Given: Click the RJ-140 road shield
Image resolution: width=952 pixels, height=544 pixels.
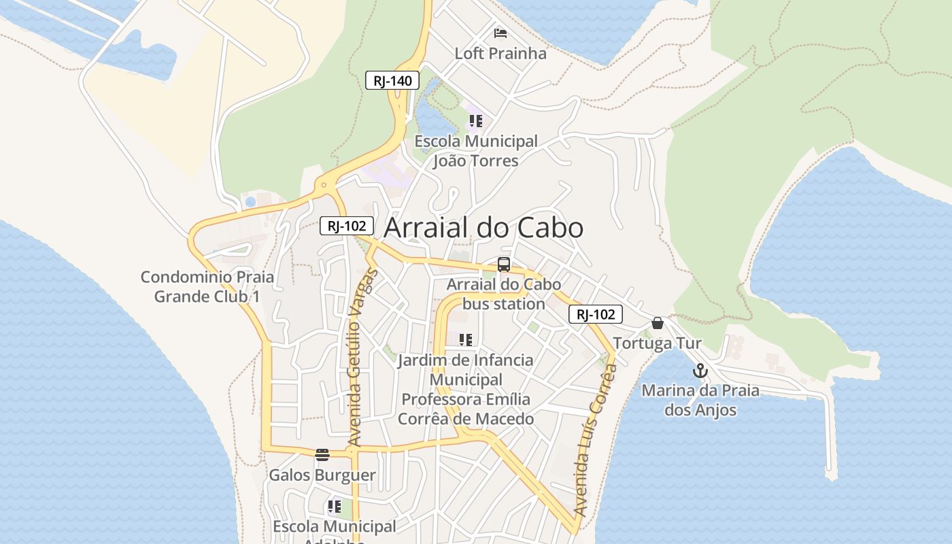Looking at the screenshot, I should (392, 81).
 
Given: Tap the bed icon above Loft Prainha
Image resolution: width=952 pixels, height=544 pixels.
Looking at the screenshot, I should (500, 33).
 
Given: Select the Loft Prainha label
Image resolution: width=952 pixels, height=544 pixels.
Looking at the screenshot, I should (500, 53).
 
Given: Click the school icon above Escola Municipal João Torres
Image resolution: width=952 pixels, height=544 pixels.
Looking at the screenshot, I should (475, 121).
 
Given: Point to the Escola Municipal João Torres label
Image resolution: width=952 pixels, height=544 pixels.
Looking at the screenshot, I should (476, 151).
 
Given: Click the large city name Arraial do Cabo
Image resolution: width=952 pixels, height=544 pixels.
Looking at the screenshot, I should (483, 228).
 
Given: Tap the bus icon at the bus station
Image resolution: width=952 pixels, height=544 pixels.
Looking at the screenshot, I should (504, 265).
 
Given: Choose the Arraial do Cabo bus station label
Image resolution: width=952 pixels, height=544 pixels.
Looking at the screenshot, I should (504, 294).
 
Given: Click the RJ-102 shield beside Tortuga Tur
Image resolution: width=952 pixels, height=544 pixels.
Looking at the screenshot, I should (596, 314).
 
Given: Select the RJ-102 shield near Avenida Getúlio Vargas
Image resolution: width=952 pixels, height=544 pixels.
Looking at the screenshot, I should (347, 226).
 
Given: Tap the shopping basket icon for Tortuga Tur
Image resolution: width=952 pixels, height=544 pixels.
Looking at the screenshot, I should (658, 323).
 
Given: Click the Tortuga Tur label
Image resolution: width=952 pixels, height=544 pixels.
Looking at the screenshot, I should (657, 343).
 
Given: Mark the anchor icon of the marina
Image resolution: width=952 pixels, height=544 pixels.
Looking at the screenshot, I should (700, 371).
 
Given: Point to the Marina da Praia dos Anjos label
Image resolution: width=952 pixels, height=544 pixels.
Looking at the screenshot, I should (700, 400).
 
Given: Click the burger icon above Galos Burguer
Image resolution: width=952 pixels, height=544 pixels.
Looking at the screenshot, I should (322, 454).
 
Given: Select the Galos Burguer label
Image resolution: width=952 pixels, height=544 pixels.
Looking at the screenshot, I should (322, 475).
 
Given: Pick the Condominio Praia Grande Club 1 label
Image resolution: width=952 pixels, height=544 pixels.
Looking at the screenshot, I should (207, 286).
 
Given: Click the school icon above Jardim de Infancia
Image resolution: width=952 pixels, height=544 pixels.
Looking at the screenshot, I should (466, 339).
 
